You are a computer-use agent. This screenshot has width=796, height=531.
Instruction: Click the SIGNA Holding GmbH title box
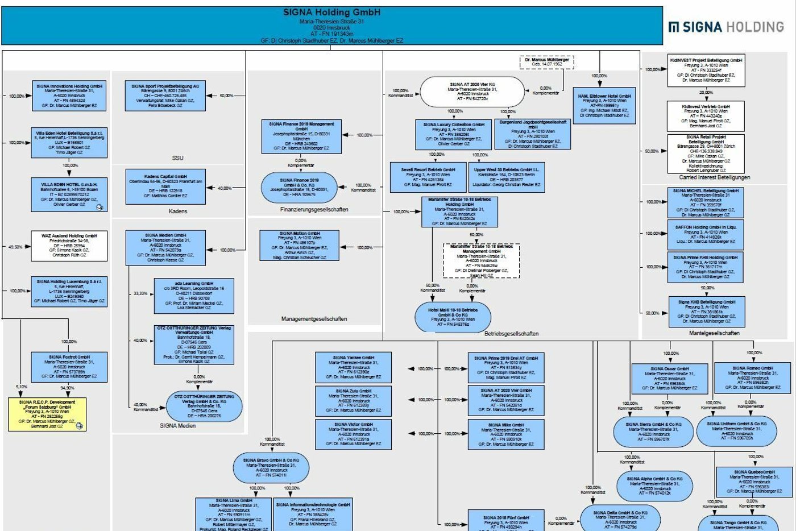(x=331, y=26)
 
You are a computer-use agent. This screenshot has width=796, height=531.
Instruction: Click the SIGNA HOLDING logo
(x=726, y=27)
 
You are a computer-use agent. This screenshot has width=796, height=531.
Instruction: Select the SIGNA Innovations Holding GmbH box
(x=69, y=96)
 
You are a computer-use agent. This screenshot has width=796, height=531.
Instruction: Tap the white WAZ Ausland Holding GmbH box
(x=69, y=246)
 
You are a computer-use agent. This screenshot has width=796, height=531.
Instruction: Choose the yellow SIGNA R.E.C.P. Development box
(x=48, y=414)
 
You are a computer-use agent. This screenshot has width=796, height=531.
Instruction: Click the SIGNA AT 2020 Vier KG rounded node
(x=472, y=92)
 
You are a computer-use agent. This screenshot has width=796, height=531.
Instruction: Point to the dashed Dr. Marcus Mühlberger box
(x=546, y=62)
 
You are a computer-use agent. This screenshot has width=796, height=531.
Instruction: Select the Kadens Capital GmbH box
(x=165, y=186)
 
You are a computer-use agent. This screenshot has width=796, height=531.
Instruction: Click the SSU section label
(x=177, y=158)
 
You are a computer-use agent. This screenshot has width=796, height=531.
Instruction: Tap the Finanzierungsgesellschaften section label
(x=314, y=210)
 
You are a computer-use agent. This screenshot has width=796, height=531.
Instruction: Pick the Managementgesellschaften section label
(x=314, y=319)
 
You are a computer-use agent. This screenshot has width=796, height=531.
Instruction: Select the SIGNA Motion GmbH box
(x=299, y=246)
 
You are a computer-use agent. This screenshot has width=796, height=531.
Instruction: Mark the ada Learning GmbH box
(x=194, y=296)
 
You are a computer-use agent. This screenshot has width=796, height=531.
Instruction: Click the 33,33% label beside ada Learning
(x=140, y=294)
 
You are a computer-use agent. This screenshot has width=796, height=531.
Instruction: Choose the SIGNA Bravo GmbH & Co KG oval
(x=271, y=468)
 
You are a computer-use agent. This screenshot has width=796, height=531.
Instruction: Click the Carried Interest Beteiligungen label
(x=714, y=177)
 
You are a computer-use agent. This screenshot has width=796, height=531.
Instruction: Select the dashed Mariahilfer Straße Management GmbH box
(x=481, y=261)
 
